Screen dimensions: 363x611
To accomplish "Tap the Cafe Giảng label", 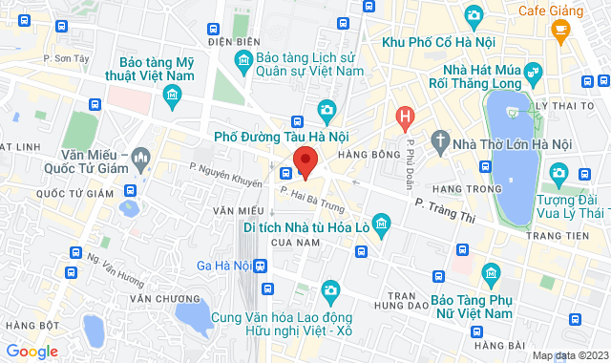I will pos(551,11).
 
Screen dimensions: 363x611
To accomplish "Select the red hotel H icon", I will pos(406,118).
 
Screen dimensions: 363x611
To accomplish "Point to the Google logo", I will pos(32,352).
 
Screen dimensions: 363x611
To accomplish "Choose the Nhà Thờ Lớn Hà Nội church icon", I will pos(440,143).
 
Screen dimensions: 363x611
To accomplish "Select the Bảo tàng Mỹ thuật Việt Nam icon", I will pos(173,94).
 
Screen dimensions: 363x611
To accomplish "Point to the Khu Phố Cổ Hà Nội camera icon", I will pos(473,15).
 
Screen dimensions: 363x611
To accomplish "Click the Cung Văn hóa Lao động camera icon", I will pos(329,289).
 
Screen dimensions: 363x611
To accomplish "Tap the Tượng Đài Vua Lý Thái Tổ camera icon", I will pos(558,173).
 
